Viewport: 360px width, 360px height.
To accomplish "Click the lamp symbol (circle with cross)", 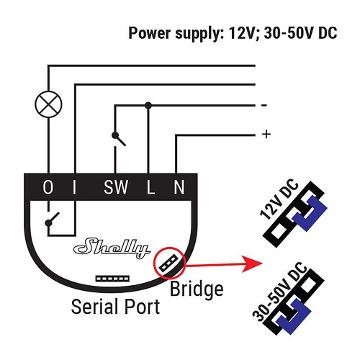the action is click(48, 104).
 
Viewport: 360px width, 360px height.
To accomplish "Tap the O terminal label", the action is click(48, 187).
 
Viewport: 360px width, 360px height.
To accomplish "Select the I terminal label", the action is click(75, 187).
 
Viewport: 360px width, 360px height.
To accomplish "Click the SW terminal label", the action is click(116, 187).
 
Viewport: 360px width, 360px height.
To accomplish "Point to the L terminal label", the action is click(150, 187).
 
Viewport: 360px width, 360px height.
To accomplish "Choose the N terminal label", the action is click(179, 187).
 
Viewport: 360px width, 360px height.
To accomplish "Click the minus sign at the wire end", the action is click(264, 105).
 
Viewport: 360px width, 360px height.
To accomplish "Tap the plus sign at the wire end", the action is click(266, 134).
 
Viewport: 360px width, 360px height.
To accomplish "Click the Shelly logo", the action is click(112, 248).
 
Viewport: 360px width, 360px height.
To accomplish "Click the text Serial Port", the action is click(115, 307).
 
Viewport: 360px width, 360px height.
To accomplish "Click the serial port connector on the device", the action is click(112, 279).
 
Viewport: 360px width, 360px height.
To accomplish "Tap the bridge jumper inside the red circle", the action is click(169, 264).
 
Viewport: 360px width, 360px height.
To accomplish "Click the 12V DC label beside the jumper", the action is click(279, 199).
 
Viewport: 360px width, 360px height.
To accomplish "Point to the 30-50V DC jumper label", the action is click(279, 292).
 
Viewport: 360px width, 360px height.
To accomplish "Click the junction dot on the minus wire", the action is click(148, 105).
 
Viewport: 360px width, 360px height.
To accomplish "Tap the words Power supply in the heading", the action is click(174, 33).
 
